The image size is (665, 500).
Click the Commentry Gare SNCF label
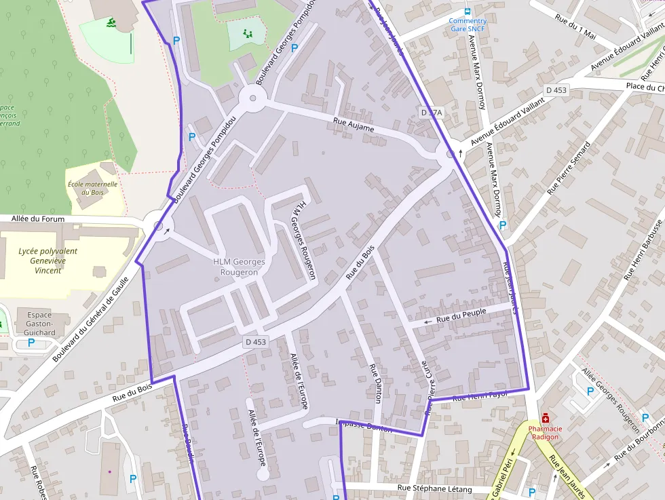pos(468,25)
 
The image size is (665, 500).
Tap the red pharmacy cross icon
pos(545,417)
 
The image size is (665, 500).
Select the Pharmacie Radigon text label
pos(544,432)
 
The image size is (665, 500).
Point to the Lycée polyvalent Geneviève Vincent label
pos(48,261)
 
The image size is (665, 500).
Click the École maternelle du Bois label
pos(92,188)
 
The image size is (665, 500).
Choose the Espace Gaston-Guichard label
pos(40,324)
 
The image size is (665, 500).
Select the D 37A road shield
pos(431,113)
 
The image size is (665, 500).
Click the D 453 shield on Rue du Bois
pos(255,342)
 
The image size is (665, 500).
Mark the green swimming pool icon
pos(111,24)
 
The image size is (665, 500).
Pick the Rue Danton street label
pos(375,383)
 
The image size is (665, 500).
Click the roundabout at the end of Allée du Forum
pos(158,227)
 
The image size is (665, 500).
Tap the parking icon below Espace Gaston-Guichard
pos(31,343)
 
